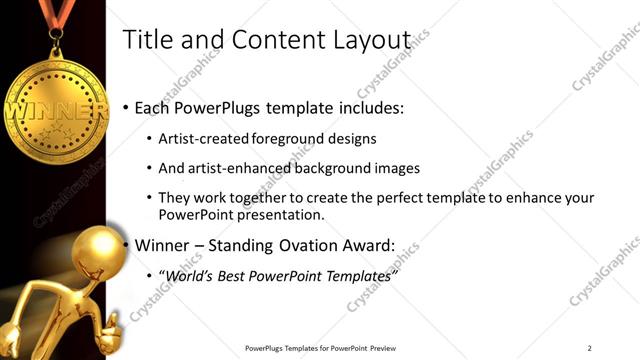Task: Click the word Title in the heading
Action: pyautogui.click(x=146, y=39)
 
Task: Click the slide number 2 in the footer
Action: pyautogui.click(x=590, y=348)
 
